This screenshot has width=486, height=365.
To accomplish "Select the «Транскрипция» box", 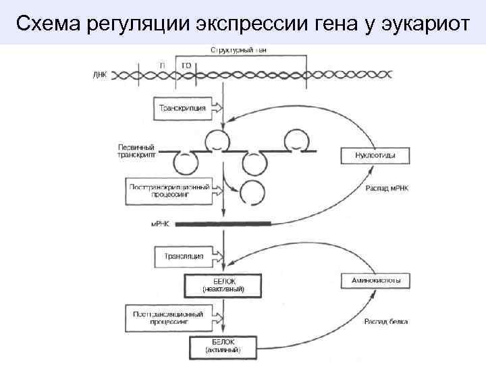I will pyautogui.click(x=184, y=107).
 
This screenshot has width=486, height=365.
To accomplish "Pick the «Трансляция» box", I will pyautogui.click(x=184, y=257).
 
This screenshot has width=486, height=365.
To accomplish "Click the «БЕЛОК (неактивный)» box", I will pyautogui.click(x=224, y=285).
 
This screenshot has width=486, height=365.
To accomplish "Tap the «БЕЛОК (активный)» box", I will pyautogui.click(x=223, y=346).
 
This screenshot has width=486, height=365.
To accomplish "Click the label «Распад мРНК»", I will pyautogui.click(x=387, y=189).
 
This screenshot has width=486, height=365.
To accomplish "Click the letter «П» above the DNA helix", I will pyautogui.click(x=163, y=64).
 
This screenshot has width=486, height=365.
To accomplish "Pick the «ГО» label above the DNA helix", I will pyautogui.click(x=186, y=64).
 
